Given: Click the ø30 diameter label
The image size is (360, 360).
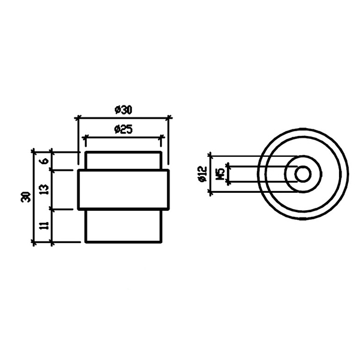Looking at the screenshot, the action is click(123, 110).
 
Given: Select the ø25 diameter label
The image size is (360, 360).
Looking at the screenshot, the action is click(123, 129).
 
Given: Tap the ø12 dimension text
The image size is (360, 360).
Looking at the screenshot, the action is click(203, 174).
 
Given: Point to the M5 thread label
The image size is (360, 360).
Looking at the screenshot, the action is click(221, 174).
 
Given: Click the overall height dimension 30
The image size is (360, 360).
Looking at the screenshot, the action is click(26, 196).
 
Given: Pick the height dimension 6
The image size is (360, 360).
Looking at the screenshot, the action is click(46, 161).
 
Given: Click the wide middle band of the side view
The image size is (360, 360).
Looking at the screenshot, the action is click(124, 190).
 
